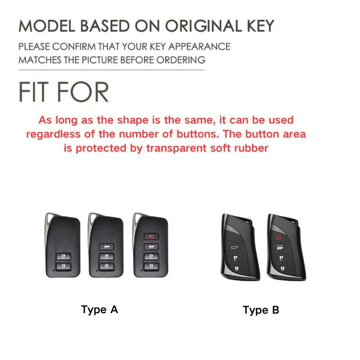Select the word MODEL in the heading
point(46,26)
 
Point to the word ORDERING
point(180,59)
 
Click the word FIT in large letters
point(35,92)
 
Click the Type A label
point(99,310)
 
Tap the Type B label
point(261,310)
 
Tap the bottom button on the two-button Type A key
point(62,266)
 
